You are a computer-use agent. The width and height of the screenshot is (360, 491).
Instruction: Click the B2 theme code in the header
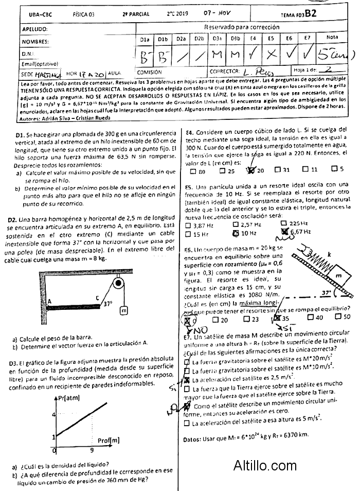(x=310, y=14)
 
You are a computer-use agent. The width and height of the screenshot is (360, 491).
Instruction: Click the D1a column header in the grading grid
(x=145, y=39)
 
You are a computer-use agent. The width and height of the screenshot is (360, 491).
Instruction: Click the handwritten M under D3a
(x=217, y=54)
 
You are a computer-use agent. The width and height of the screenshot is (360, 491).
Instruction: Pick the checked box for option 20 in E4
(x=251, y=170)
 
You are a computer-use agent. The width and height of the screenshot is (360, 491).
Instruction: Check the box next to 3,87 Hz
(x=188, y=225)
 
